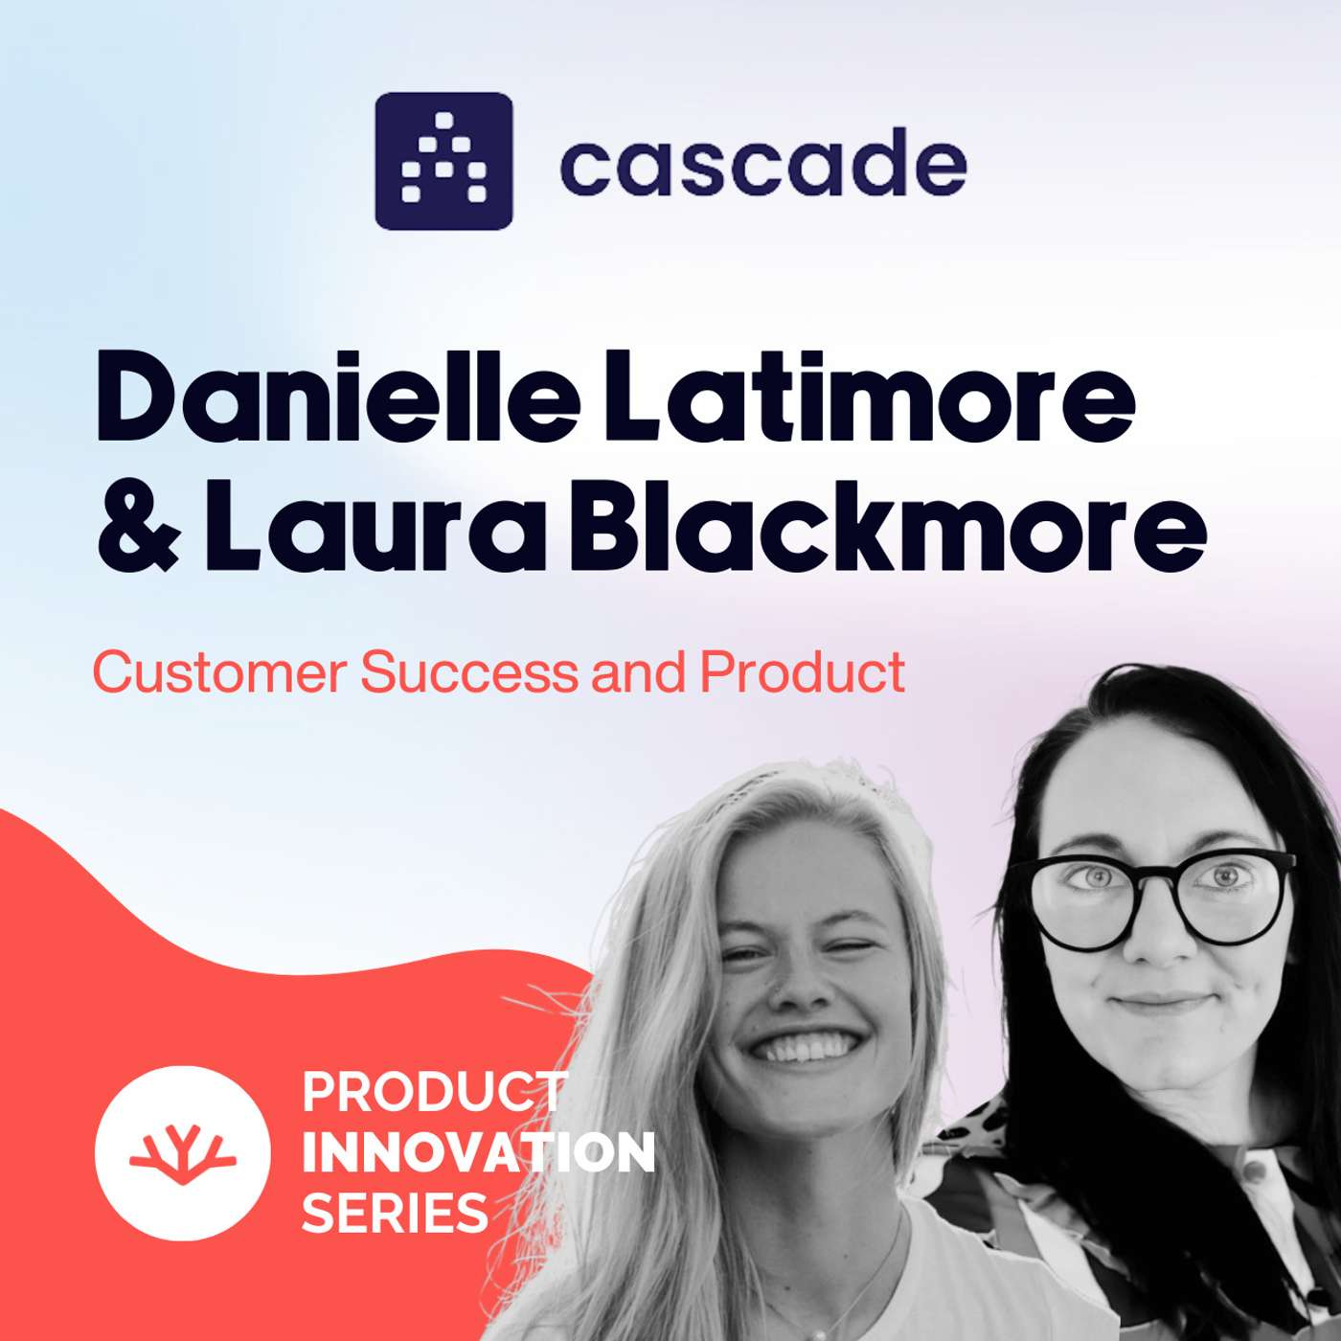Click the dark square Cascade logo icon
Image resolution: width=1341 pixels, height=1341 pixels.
tap(443, 161)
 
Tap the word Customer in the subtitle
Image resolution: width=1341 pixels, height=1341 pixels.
tap(219, 672)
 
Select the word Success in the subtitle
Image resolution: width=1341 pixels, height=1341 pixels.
tap(469, 672)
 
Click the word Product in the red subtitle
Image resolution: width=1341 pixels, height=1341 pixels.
tap(803, 672)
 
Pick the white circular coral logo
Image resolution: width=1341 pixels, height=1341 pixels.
tap(182, 1152)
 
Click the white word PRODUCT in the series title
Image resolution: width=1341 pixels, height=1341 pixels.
tap(433, 1093)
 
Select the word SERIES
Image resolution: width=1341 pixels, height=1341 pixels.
tap(395, 1214)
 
